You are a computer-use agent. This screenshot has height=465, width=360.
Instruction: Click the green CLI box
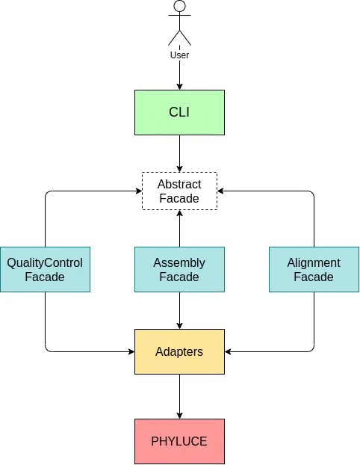(x=179, y=112)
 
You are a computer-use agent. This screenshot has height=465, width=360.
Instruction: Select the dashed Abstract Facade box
(x=179, y=191)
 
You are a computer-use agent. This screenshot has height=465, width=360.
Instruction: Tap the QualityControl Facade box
(x=45, y=270)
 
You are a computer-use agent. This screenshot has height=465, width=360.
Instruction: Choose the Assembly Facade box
(x=179, y=270)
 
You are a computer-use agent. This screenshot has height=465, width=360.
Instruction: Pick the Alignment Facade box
(x=314, y=270)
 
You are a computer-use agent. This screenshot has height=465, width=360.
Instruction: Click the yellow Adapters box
(x=179, y=351)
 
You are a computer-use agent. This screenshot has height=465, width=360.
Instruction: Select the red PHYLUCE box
(x=179, y=441)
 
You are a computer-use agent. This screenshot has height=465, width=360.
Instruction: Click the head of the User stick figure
(x=179, y=6)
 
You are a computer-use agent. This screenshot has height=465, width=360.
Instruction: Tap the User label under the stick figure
(x=179, y=55)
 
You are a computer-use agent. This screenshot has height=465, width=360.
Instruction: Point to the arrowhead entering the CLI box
(x=179, y=86)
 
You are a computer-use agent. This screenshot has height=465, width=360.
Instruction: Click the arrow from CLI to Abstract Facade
(x=179, y=153)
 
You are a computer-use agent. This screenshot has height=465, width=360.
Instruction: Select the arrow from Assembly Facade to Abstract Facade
(x=179, y=228)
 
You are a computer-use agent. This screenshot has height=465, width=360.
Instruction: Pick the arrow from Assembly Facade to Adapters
(x=179, y=310)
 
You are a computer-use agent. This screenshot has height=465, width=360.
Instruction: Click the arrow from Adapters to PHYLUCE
(x=179, y=396)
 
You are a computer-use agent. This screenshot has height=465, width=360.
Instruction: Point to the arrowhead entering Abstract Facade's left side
(x=138, y=191)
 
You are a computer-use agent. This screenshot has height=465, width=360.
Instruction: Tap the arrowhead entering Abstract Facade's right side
(x=221, y=191)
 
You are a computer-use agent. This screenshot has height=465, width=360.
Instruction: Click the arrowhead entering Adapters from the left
(x=131, y=351)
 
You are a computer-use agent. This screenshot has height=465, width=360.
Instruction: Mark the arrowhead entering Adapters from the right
(x=228, y=351)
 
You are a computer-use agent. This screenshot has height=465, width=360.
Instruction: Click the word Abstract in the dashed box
(x=179, y=184)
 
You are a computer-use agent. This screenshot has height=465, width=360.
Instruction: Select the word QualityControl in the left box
(x=45, y=263)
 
